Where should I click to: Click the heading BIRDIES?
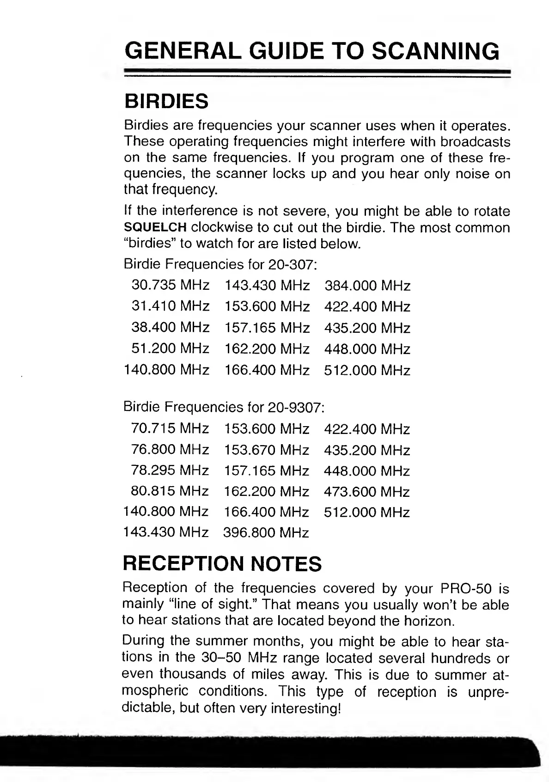[166, 101]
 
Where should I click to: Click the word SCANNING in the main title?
[435, 51]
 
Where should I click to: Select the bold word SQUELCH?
[155, 228]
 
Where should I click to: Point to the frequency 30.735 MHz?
[170, 285]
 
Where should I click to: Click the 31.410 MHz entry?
[170, 306]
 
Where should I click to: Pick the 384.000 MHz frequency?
[367, 286]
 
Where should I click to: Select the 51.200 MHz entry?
[170, 348]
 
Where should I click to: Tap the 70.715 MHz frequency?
[170, 429]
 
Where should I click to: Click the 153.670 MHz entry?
[266, 450]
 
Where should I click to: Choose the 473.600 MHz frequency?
[367, 492]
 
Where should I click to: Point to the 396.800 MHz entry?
[266, 533]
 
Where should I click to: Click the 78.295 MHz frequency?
[170, 470]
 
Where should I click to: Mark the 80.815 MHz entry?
[170, 492]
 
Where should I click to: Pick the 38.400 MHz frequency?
[170, 328]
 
